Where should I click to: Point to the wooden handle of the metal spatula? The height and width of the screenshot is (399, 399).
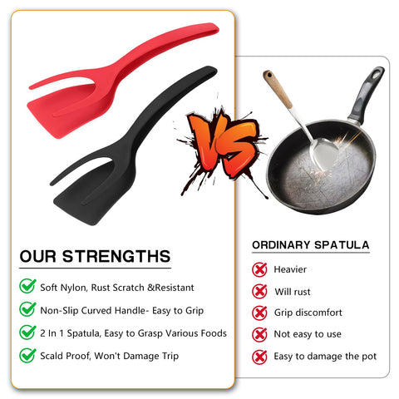click(278, 91)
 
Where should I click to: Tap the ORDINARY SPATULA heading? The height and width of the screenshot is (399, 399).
click(310, 245)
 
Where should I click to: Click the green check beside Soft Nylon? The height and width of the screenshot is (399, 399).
click(27, 287)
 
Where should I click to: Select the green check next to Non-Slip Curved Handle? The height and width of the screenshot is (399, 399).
click(27, 309)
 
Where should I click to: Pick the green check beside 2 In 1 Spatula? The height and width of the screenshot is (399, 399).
click(27, 332)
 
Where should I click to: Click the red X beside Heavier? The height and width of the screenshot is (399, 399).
click(260, 269)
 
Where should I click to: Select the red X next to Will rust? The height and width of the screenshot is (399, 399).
click(260, 291)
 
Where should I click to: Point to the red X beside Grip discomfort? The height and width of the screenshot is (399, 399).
click(260, 313)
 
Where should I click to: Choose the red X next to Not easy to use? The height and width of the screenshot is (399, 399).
click(260, 334)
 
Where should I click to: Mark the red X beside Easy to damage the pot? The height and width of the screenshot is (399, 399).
click(260, 356)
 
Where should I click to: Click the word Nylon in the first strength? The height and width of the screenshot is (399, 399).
click(83, 288)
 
